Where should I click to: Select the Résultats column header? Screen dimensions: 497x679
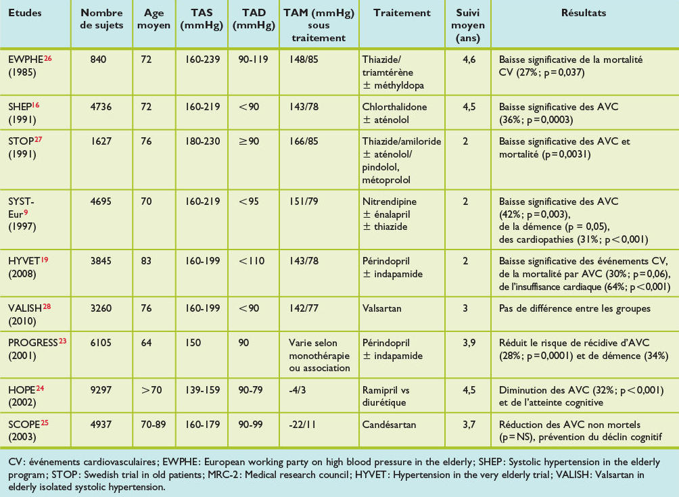[x=583, y=13]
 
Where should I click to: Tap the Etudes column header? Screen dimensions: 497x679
[x=25, y=13]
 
